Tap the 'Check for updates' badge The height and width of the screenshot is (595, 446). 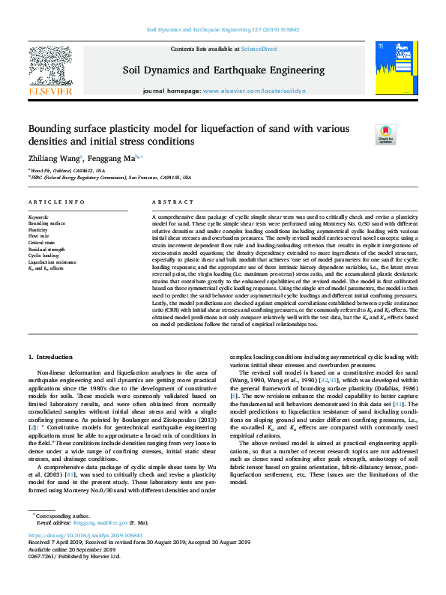click(x=406, y=135)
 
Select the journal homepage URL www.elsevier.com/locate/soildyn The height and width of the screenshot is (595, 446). click(x=254, y=90)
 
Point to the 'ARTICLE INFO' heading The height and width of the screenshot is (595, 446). click(x=56, y=203)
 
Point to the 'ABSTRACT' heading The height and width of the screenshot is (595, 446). click(x=173, y=203)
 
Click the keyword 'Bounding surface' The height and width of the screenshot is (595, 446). click(x=46, y=223)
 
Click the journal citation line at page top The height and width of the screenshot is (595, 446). click(x=223, y=31)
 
